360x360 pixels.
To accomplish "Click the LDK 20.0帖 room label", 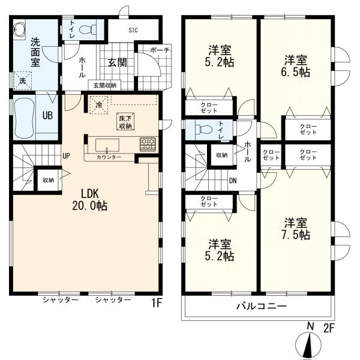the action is pos(90,200).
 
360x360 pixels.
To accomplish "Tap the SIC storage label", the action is pos(133,30).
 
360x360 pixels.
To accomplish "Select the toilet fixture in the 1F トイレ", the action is pos(88,29).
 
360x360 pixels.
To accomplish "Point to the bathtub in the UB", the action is pos(25,117).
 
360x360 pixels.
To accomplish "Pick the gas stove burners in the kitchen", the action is pos(148,144).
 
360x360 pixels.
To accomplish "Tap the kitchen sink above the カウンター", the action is pos(107,145).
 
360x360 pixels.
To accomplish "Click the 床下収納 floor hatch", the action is pos(125,122).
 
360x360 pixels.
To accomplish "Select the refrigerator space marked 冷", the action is pos(99,104).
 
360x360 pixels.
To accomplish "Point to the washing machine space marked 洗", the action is pos(23,80).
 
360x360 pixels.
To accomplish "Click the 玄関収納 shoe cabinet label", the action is pos(105,85).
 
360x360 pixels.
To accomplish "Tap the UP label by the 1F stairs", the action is pos(66,156).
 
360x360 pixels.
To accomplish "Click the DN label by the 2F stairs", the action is pos(233,181).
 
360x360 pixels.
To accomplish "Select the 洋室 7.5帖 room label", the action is pos(296,229).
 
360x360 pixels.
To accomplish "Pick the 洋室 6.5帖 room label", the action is pos(296,66).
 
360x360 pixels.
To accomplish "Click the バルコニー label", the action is pos(262,306).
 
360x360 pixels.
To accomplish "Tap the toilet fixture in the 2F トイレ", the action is pos(204,130).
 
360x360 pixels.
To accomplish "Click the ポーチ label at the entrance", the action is pos(160,50).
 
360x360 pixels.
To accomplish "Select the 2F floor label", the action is pos(329,328).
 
